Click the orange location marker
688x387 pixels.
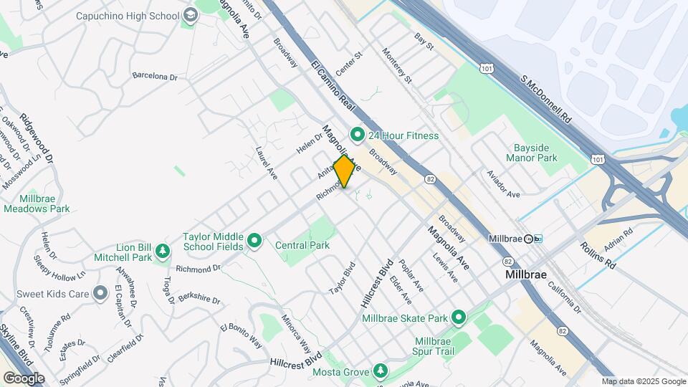click(x=345, y=171)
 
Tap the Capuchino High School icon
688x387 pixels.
click(x=190, y=15)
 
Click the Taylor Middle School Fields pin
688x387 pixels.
click(x=254, y=242)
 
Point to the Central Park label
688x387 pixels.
click(x=302, y=245)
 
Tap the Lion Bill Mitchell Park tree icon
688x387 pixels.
click(x=163, y=251)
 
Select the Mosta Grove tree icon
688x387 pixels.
click(x=381, y=371)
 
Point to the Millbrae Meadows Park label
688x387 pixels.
click(x=36, y=203)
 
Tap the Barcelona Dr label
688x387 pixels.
click(x=154, y=75)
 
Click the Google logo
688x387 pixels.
click(x=23, y=378)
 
